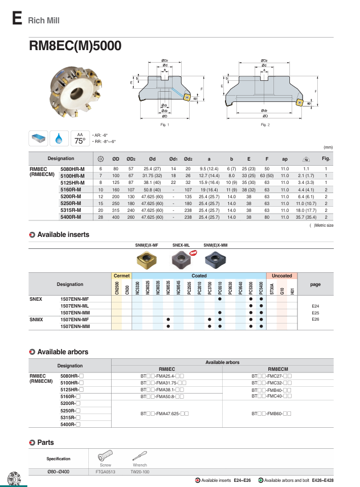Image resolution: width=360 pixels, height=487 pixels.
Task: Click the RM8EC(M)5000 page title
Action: (75, 46)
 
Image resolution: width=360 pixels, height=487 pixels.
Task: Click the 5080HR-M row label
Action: (72, 169)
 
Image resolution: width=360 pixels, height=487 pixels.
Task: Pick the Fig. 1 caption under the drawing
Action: (165, 124)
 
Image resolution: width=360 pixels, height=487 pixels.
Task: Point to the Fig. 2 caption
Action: (265, 124)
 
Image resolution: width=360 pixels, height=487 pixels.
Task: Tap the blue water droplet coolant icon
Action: (59, 138)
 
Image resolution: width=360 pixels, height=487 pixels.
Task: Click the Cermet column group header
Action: (122, 275)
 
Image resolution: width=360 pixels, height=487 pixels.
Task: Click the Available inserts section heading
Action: (63, 235)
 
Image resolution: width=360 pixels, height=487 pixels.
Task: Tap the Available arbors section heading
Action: (62, 352)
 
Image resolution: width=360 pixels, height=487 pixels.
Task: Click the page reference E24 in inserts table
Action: (315, 306)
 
